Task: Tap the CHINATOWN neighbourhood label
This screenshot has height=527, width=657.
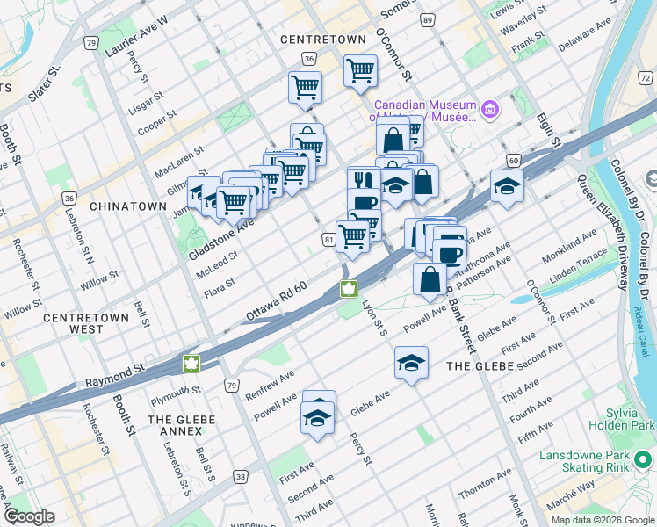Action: pos(127,206)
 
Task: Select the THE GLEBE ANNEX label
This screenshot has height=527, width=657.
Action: pos(181,426)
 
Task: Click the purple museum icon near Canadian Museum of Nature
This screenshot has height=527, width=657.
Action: pos(490,110)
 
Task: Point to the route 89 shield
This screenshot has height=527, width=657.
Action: pos(427,19)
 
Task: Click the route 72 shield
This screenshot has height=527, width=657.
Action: pos(646,79)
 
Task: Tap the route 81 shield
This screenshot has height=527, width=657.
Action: pos(328,239)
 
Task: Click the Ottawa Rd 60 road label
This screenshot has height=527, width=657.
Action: pos(276,300)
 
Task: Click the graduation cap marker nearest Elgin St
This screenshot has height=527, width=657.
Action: pos(507,186)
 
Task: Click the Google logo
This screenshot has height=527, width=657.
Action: pos(28,516)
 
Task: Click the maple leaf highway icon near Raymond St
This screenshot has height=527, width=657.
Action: pos(191,363)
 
